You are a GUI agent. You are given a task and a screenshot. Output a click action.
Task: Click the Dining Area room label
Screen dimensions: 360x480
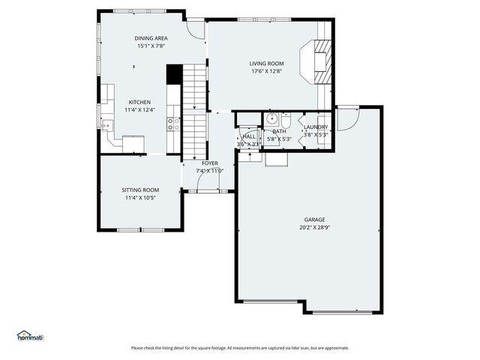pyautogui.click(x=151, y=37)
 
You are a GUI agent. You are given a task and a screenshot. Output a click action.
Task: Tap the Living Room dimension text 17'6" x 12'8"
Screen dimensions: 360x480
pyautogui.click(x=267, y=72)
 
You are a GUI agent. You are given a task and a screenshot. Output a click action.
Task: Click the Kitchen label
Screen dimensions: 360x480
pyautogui.click(x=139, y=102)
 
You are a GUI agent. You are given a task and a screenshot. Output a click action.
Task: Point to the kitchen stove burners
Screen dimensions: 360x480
pyautogui.click(x=172, y=124)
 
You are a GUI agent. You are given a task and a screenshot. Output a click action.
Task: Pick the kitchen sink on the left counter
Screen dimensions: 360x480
pyautogui.click(x=107, y=126)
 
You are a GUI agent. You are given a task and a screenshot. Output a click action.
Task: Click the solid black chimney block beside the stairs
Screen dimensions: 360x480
pyautogui.click(x=173, y=74)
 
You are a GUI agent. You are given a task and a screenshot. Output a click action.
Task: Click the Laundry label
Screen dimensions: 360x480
pyautogui.click(x=316, y=127)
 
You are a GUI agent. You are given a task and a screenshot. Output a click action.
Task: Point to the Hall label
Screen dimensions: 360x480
pyautogui.click(x=248, y=136)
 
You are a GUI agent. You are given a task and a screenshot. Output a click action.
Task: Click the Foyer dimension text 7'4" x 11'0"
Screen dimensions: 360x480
pyautogui.click(x=210, y=171)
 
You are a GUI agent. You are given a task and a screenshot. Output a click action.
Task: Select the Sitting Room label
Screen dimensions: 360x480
pyautogui.click(x=140, y=190)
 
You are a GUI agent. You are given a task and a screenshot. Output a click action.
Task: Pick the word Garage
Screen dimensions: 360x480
pyautogui.click(x=309, y=220)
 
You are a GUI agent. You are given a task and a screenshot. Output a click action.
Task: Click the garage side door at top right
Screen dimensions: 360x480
pyautogui.click(x=347, y=118)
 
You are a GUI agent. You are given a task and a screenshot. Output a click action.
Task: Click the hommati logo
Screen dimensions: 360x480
pyautogui.click(x=29, y=335)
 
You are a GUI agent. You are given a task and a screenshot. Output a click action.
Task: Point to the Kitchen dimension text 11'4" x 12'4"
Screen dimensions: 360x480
pyautogui.click(x=139, y=110)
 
